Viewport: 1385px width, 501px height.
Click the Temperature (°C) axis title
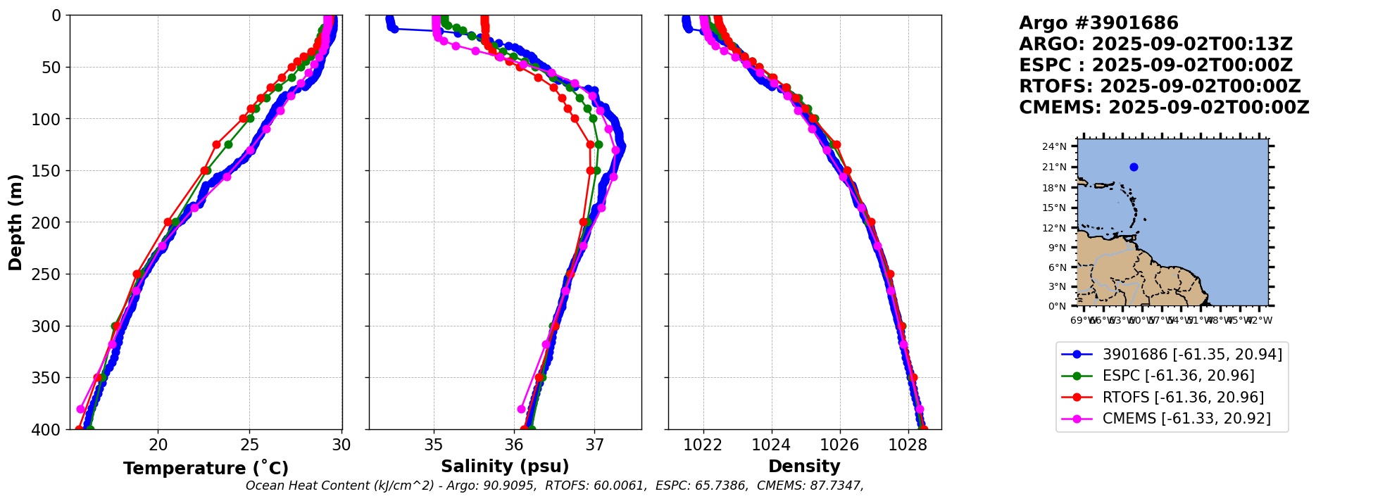pyautogui.click(x=206, y=469)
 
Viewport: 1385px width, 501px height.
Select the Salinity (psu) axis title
pyautogui.click(x=505, y=467)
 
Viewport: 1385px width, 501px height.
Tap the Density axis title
pyautogui.click(x=804, y=467)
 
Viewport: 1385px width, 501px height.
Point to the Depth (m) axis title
pyautogui.click(x=15, y=222)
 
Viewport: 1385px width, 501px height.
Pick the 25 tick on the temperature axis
pyautogui.click(x=250, y=445)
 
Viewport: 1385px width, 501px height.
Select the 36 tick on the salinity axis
pyautogui.click(x=515, y=445)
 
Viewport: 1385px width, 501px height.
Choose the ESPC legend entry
pyautogui.click(x=1178, y=376)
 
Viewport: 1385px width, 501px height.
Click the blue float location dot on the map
pyautogui.click(x=1134, y=167)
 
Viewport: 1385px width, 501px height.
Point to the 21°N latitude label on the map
pyautogui.click(x=1054, y=167)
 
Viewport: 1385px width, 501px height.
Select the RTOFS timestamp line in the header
pyautogui.click(x=1160, y=87)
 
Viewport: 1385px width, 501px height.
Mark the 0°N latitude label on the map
pyautogui.click(x=1057, y=306)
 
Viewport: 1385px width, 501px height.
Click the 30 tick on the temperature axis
pyautogui.click(x=341, y=445)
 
